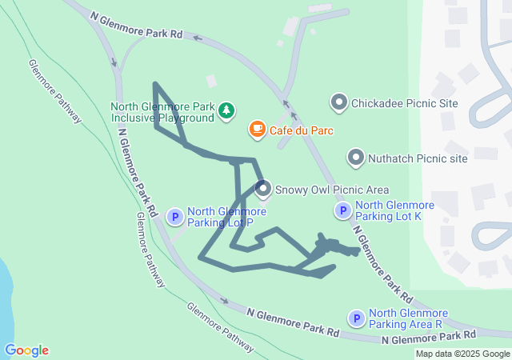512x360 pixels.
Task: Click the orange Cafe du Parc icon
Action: click(257, 129)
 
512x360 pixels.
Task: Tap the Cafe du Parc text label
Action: click(302, 130)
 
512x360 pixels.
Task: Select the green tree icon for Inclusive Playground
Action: click(227, 109)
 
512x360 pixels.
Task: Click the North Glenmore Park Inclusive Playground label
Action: click(163, 112)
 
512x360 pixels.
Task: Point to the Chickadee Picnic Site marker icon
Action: click(338, 102)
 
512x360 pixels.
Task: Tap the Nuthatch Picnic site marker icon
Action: click(355, 158)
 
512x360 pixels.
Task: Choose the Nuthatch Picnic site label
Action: click(418, 158)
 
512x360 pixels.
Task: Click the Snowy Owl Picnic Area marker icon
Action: click(263, 190)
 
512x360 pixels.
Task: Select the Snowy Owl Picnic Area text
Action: click(332, 190)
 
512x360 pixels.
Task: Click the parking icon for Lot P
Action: click(174, 217)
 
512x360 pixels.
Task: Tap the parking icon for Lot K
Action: click(342, 210)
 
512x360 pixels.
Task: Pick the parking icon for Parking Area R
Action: click(355, 318)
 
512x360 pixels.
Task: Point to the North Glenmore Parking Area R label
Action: click(408, 318)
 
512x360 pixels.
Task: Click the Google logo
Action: click(26, 350)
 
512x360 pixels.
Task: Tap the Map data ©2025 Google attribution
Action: click(462, 354)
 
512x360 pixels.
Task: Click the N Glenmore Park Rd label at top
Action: click(136, 25)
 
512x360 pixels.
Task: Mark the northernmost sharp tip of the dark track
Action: click(155, 83)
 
